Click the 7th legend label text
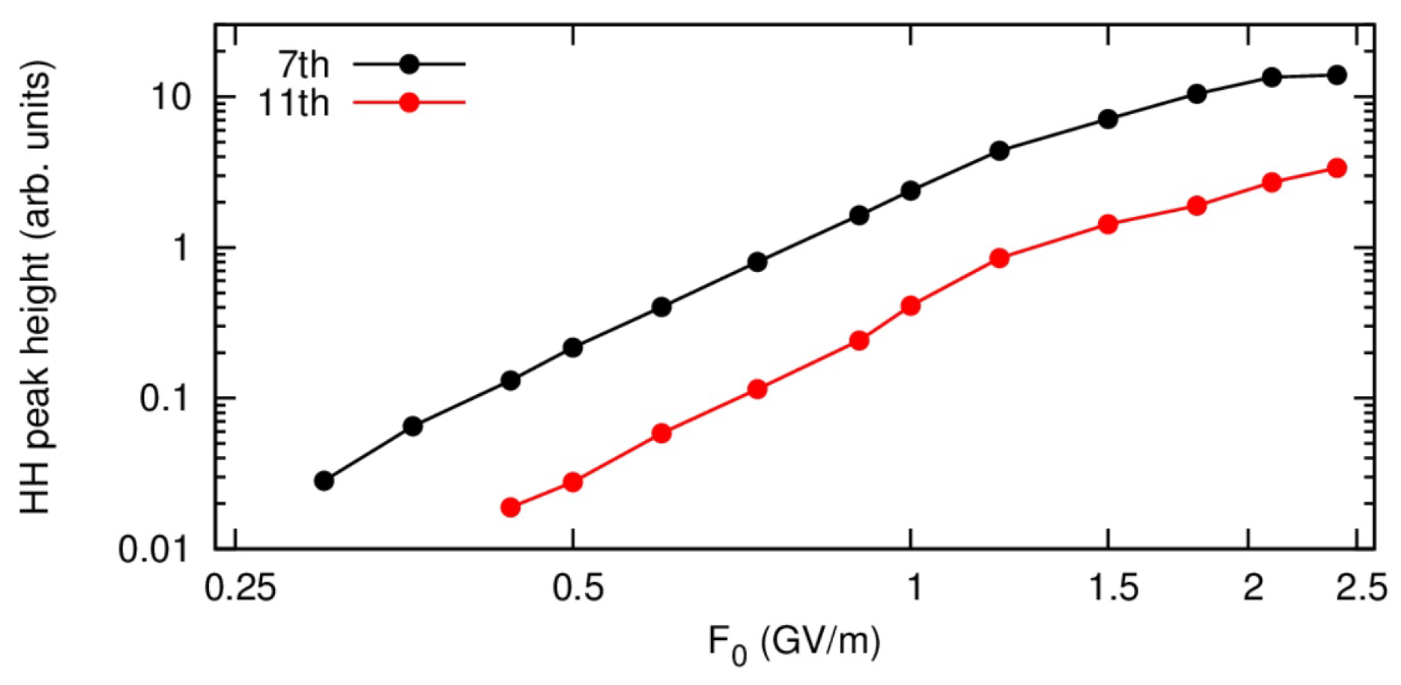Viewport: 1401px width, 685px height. (303, 65)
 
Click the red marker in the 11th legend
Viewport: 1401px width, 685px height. (409, 102)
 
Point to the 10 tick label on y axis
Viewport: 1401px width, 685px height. (173, 98)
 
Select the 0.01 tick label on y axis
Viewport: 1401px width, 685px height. (153, 550)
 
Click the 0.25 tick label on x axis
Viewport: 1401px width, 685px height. (240, 587)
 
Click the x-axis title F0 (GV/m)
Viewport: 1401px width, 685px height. (794, 641)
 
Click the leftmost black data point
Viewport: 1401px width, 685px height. (324, 481)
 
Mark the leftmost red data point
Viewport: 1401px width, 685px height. (511, 507)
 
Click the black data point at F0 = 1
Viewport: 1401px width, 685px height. (911, 191)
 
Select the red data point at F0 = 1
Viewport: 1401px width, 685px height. (911, 306)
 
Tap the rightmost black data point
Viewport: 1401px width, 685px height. (1336, 75)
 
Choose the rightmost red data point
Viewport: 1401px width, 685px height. (1336, 168)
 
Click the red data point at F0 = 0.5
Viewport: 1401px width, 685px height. (573, 482)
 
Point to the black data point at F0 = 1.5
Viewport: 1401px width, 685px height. (1108, 119)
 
